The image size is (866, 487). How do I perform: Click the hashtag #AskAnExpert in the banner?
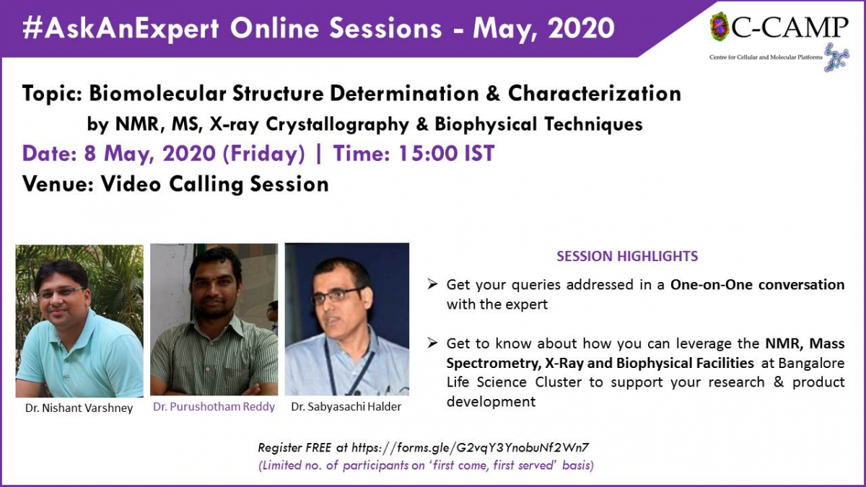pos(121,29)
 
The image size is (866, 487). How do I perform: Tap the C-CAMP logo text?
pos(790,27)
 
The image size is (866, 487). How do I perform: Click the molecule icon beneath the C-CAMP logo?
pos(836,58)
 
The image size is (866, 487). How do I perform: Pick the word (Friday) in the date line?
pos(264,154)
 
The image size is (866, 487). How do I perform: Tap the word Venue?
pos(58,183)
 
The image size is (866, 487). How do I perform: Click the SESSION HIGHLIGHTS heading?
pos(627,256)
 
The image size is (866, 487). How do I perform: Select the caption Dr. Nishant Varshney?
pos(79,408)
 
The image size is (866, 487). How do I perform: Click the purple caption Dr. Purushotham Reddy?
pos(214,407)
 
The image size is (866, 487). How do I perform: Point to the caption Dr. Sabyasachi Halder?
pos(346,407)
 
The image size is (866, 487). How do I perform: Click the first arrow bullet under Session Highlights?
pos(432,284)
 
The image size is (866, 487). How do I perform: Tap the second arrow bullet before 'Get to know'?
pos(432,343)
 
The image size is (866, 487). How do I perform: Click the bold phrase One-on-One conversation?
pos(757,284)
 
